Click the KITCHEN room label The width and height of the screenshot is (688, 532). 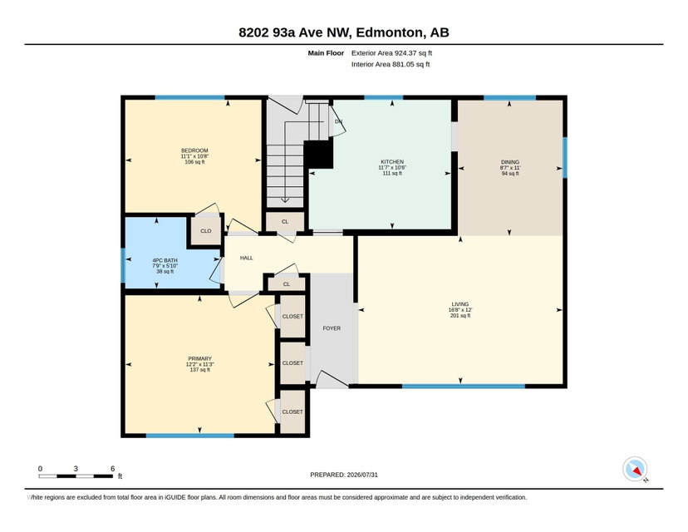pos(392,162)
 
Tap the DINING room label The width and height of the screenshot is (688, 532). pos(510,162)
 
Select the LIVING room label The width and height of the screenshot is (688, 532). pos(460,304)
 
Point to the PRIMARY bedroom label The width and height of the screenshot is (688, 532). pos(199,358)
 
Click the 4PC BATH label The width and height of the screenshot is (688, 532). pos(165,260)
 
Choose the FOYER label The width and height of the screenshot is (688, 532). pos(332,328)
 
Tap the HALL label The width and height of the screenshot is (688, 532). pos(247,258)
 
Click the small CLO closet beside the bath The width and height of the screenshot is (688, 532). pos(206,231)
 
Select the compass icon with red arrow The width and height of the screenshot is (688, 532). pos(635,469)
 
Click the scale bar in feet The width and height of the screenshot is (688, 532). pos(76,475)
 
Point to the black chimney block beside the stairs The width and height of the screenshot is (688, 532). pos(318,154)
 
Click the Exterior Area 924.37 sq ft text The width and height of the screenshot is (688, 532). pos(392,53)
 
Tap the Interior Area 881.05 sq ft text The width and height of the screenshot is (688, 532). pos(391,65)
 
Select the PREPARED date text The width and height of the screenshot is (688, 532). pos(344,475)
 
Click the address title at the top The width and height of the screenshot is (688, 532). pos(344,32)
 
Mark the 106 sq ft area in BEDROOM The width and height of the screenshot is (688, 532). pos(194,162)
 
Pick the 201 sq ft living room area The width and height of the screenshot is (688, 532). pos(460,316)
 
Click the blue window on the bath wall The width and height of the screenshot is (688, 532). pos(123,265)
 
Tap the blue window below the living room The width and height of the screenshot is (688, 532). pos(464,387)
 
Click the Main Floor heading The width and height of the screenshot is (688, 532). pos(326,53)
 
